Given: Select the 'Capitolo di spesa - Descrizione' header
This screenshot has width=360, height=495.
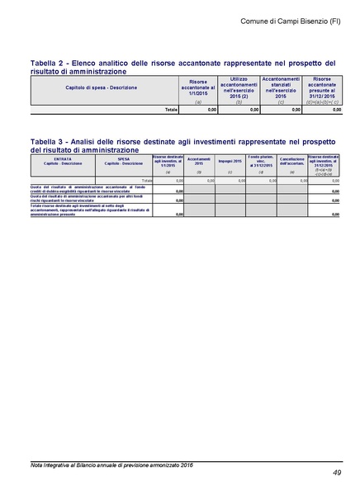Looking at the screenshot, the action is pyautogui.click(x=101, y=87).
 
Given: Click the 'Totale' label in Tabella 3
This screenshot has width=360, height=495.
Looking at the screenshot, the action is pyautogui.click(x=146, y=180).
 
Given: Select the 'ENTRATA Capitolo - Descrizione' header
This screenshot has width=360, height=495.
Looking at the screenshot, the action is pyautogui.click(x=57, y=162).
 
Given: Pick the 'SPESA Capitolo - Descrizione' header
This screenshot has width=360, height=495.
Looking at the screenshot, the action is pyautogui.click(x=124, y=162).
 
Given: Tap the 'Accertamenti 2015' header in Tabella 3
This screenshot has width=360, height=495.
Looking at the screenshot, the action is pyautogui.click(x=199, y=162).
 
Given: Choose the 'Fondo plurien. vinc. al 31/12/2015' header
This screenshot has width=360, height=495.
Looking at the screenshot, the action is pyautogui.click(x=261, y=161).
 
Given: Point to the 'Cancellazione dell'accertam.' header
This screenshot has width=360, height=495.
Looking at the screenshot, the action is pyautogui.click(x=292, y=161).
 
